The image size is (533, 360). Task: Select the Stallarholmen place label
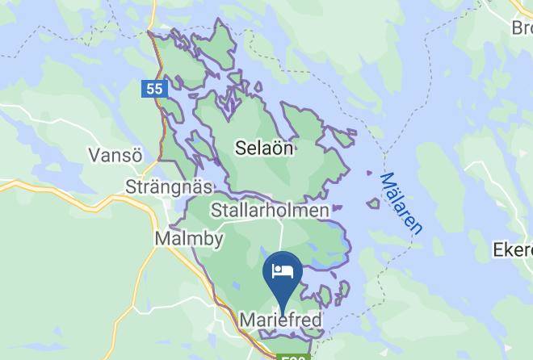pos(270,211)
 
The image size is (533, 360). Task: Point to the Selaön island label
pos(263,149)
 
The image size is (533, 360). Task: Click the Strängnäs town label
pos(170,187)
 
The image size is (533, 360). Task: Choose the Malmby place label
pos(188,239)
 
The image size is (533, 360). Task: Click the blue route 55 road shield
pos(156,89)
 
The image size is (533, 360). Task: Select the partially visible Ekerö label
pos(513,251)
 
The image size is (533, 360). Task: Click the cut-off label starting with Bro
pos(522,28)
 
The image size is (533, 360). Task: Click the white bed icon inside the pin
pos(282,270)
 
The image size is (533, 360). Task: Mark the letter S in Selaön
pos(240,149)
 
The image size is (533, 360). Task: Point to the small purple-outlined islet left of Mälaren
pos(373,203)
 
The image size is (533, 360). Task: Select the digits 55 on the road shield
pos(156,89)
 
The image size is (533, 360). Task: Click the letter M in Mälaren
pos(386,178)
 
